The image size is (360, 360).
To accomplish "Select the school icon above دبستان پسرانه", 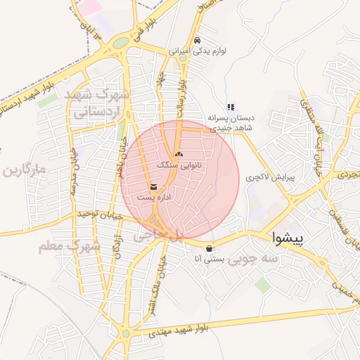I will tap(231, 107).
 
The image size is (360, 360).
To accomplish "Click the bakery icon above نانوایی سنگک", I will tap(178, 153).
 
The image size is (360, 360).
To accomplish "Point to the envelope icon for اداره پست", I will tap(153, 186).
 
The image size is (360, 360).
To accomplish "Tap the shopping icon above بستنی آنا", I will tap(210, 248).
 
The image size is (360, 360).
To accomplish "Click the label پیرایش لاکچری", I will tap(271, 179).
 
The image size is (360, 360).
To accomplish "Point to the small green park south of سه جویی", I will tap(262, 284).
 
